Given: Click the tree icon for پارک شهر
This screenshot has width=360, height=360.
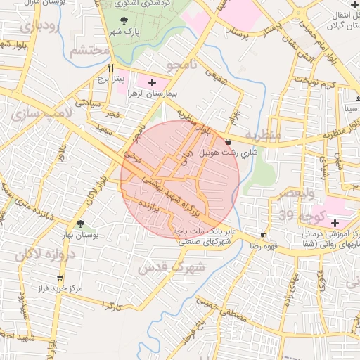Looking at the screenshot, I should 125,20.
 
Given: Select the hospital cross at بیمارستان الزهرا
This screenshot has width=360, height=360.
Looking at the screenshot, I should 152,83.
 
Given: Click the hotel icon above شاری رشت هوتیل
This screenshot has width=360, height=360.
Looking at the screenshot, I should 229,141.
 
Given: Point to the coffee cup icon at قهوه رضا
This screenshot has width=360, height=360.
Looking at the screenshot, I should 263,235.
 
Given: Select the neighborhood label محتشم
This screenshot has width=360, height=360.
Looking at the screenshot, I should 89,50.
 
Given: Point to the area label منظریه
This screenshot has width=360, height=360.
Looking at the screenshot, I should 262,134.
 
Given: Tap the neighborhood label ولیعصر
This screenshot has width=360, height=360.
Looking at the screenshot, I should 288,193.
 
